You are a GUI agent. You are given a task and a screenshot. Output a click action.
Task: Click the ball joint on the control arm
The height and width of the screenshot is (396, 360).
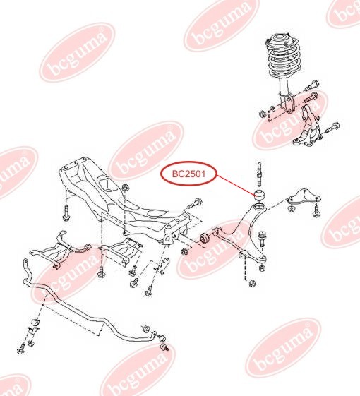(263, 236)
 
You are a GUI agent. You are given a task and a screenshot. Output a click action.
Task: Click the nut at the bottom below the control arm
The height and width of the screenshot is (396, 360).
(252, 284)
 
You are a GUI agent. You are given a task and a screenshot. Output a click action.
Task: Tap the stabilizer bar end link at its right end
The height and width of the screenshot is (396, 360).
(167, 344)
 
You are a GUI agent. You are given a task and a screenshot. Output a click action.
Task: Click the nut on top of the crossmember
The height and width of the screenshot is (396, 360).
(125, 188)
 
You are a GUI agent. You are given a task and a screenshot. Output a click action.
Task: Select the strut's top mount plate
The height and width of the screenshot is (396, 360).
(282, 37)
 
